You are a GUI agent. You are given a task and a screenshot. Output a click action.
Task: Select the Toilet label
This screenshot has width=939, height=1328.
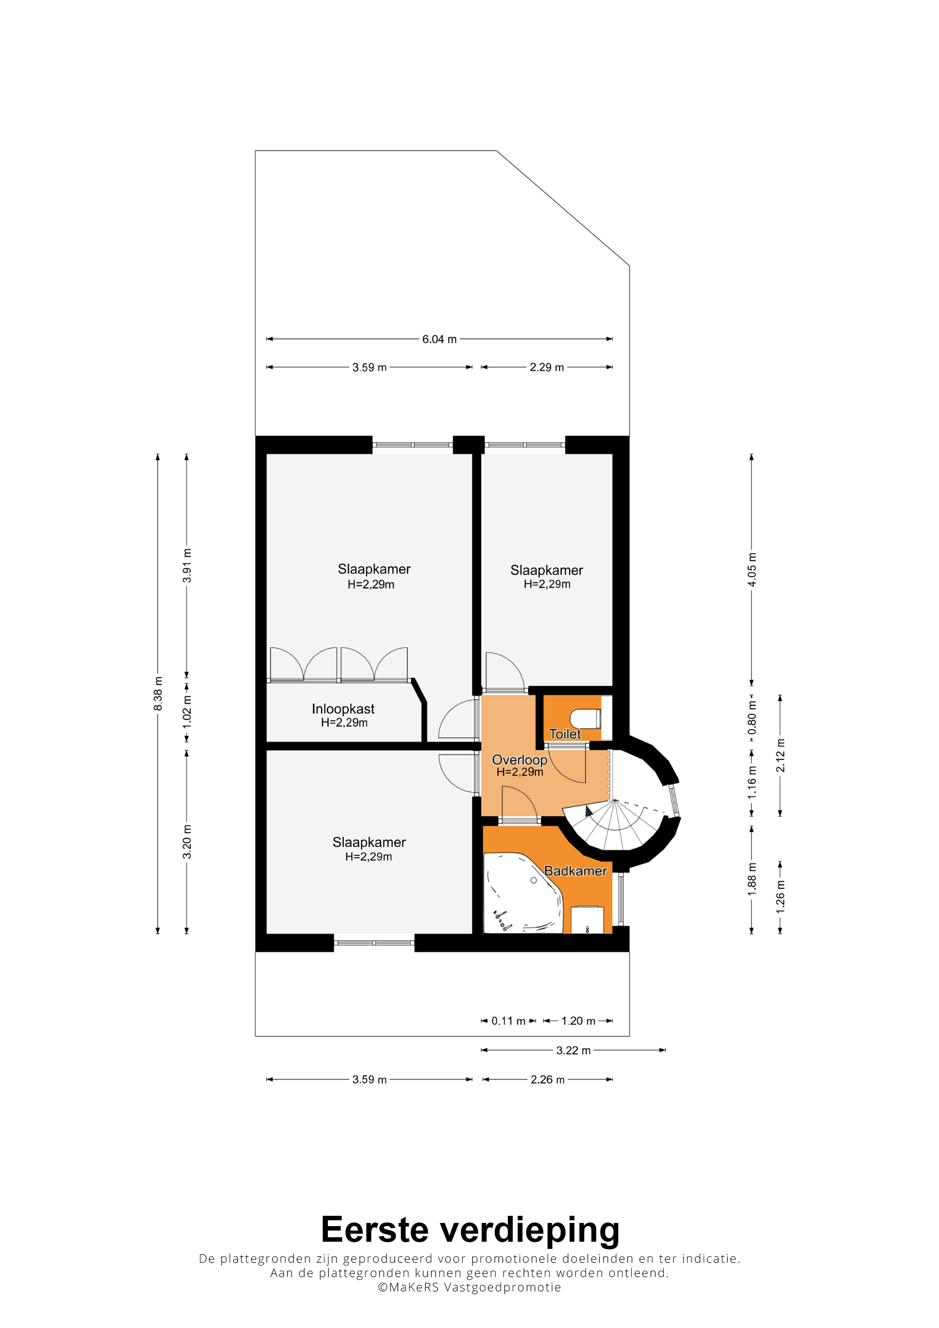point(565,734)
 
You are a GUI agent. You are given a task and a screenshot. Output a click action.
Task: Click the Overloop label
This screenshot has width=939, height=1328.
point(520,760)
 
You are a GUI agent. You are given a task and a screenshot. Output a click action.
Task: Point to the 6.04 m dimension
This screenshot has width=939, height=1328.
point(439,339)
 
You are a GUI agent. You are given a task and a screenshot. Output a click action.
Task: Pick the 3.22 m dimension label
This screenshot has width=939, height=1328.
point(573,1050)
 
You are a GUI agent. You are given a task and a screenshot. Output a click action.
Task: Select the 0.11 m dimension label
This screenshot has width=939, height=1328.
point(508,1021)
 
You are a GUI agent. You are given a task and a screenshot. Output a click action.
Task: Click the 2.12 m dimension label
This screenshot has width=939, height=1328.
point(780,755)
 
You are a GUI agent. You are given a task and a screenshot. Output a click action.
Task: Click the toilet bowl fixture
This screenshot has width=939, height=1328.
point(585,719)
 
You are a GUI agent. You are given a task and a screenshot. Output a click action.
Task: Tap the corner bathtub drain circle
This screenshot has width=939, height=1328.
point(533,880)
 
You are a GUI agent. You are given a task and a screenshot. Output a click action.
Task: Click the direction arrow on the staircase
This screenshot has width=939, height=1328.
point(588,810)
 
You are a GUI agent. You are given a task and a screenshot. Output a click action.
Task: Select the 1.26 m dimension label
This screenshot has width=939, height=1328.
point(780,897)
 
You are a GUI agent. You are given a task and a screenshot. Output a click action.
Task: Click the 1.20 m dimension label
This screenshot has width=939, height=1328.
point(578,1021)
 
